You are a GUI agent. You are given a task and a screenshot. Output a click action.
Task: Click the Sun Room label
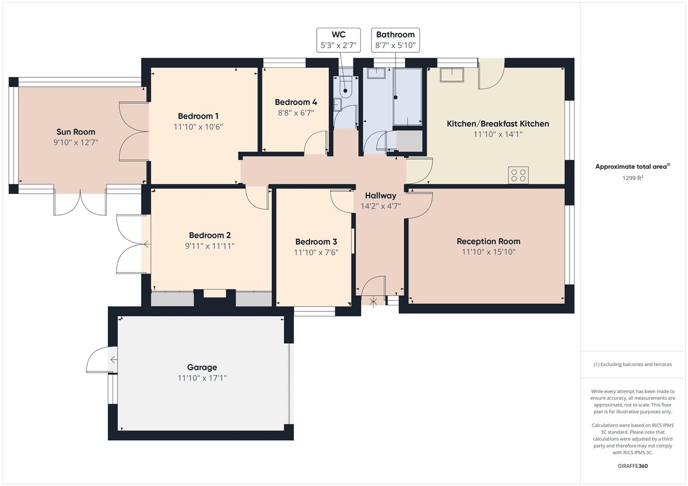(76, 132)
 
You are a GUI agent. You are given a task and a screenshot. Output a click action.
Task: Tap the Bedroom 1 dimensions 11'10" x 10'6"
(198, 127)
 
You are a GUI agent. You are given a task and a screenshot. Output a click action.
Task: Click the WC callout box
(338, 40)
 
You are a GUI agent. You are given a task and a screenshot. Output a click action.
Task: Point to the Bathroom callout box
(395, 40)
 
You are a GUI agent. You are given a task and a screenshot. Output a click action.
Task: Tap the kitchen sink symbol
(452, 75)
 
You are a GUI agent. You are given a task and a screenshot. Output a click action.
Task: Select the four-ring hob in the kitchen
(518, 175)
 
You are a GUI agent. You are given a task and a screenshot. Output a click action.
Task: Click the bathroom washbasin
(376, 73)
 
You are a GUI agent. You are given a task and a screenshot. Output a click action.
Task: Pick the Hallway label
(381, 195)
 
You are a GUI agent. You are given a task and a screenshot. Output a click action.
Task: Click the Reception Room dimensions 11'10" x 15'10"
(488, 252)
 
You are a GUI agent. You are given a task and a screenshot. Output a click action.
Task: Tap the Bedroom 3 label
(316, 242)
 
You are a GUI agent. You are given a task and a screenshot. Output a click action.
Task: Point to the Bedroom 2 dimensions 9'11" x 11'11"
(210, 246)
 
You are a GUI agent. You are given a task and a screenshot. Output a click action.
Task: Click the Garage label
(202, 367)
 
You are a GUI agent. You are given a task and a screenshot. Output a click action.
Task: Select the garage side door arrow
(114, 360)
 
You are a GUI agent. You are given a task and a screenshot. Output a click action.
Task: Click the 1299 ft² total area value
(633, 178)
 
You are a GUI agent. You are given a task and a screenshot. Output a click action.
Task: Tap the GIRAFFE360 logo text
(633, 466)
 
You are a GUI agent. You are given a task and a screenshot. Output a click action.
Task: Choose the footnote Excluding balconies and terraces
(633, 364)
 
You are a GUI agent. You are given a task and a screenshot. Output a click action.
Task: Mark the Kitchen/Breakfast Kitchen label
(497, 124)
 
